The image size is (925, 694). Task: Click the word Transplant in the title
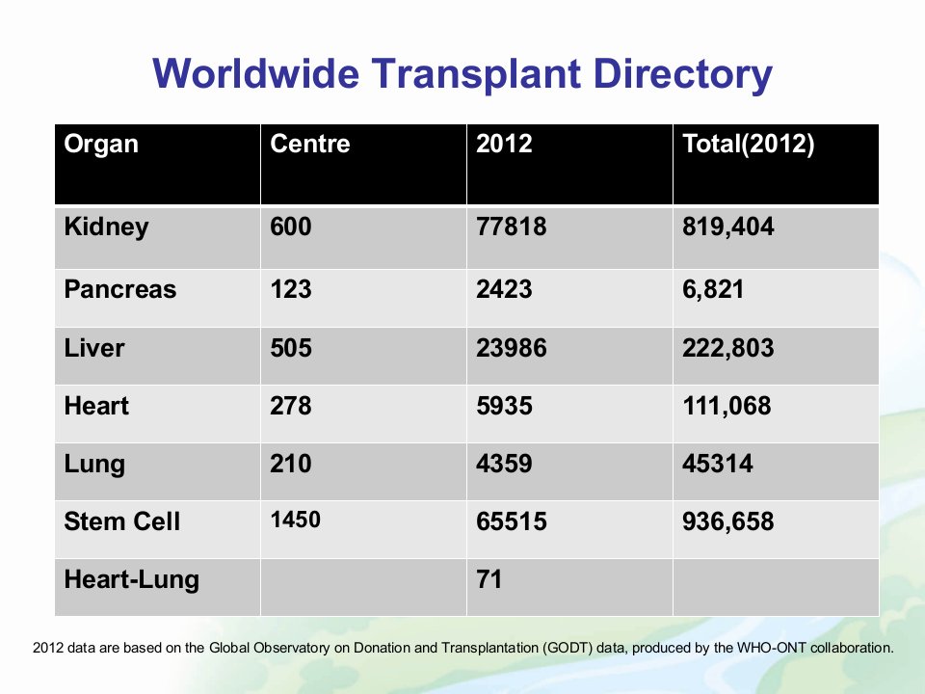pyautogui.click(x=475, y=74)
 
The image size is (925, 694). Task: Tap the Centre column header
pyautogui.click(x=309, y=144)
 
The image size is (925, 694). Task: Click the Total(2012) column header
pyautogui.click(x=748, y=145)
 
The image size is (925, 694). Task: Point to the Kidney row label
pyautogui.click(x=106, y=227)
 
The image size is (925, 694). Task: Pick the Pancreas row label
pyautogui.click(x=120, y=289)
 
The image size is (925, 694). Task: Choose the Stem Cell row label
pyautogui.click(x=122, y=521)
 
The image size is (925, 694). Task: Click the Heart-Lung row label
pyautogui.click(x=132, y=580)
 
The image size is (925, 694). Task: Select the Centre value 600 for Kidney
pyautogui.click(x=290, y=227)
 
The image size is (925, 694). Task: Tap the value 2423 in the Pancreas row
pyautogui.click(x=504, y=289)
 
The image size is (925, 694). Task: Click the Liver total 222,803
pyautogui.click(x=728, y=348)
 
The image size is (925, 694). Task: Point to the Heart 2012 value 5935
pyautogui.click(x=504, y=406)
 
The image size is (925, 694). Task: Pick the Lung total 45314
pyautogui.click(x=717, y=464)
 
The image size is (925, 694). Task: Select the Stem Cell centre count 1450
pyautogui.click(x=295, y=520)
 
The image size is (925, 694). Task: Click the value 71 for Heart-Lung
pyautogui.click(x=489, y=579)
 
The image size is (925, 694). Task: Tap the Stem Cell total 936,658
pyautogui.click(x=728, y=521)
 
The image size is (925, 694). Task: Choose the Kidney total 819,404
pyautogui.click(x=728, y=227)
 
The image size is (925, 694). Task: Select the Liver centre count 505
pyautogui.click(x=290, y=348)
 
